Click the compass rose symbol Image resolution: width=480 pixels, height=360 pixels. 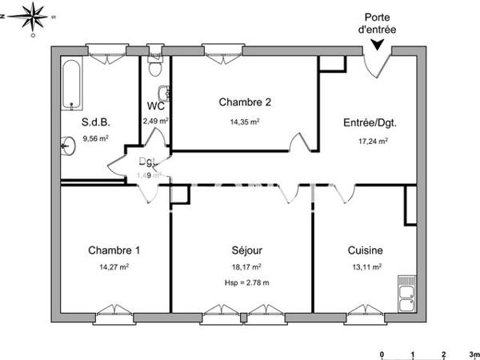(32, 16)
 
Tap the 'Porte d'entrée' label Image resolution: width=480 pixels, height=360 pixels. (378, 23)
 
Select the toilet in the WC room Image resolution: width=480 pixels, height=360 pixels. (163, 91)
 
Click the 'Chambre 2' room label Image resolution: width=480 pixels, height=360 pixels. (246, 102)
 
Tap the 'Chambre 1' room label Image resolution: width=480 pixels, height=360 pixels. (114, 250)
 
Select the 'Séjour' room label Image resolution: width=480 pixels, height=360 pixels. (246, 250)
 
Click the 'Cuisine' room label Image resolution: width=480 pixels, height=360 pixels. (365, 250)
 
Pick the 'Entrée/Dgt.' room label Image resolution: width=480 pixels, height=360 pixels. (370, 123)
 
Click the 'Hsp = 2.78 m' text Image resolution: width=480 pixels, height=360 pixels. (246, 283)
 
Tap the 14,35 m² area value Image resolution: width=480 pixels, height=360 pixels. (246, 122)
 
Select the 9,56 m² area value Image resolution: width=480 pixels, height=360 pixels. (95, 138)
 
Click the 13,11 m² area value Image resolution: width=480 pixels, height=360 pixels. (365, 268)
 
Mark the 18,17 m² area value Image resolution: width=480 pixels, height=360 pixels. (246, 268)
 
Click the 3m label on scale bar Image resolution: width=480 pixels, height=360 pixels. (473, 353)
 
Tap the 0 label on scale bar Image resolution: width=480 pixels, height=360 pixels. (382, 353)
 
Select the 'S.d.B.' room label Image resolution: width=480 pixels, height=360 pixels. (95, 122)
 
